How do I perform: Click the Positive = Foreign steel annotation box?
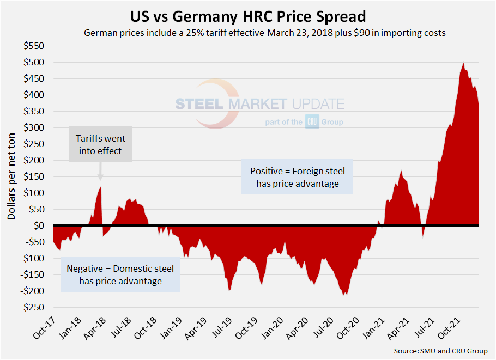298,178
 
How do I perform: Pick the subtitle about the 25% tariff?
264,33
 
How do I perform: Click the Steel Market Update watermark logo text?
260,104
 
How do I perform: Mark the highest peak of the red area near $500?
464,63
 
